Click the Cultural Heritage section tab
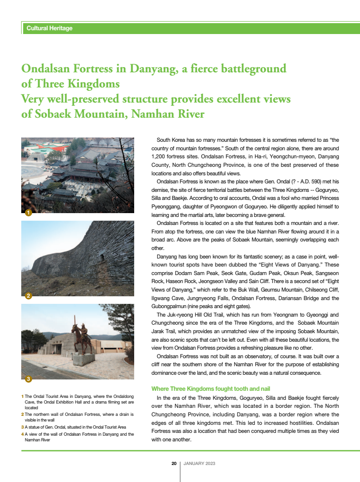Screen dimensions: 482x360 pos(50,28)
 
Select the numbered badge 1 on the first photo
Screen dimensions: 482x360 pos(28,213)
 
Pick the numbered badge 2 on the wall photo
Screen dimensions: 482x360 pos(28,296)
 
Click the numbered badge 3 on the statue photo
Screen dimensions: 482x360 pos(28,379)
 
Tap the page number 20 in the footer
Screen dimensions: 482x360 pos(174,464)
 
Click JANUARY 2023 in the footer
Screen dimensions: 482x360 pos(199,464)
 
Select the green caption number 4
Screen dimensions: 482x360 pos(23,434)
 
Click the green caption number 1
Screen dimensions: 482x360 pos(23,396)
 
